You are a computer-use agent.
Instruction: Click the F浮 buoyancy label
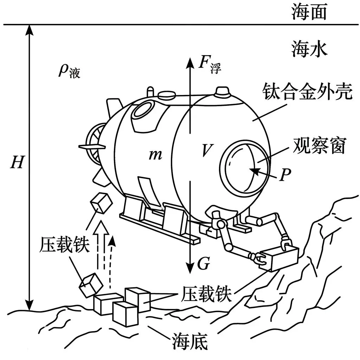pyautogui.click(x=210, y=65)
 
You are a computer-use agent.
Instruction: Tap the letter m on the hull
pyautogui.click(x=155, y=154)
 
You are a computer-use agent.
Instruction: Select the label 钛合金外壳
pyautogui.click(x=307, y=93)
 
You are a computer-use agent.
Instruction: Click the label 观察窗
pyautogui.click(x=316, y=146)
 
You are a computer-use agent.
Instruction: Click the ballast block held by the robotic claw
pyautogui.click(x=279, y=258)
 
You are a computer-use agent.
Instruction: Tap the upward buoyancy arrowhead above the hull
pyautogui.click(x=190, y=63)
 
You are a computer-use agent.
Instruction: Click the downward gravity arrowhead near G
pyautogui.click(x=190, y=269)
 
